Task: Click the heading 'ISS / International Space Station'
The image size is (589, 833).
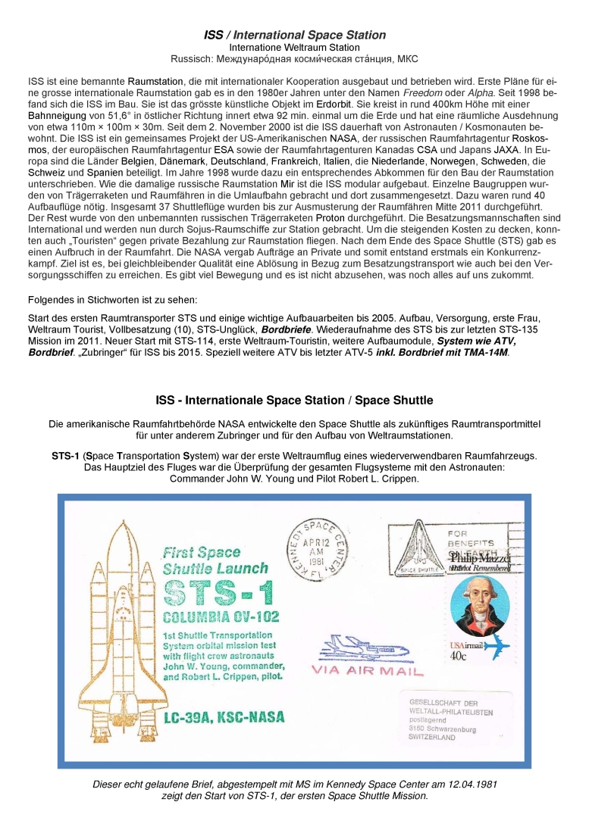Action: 295,35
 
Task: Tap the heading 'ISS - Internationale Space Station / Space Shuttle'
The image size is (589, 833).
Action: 294,400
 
